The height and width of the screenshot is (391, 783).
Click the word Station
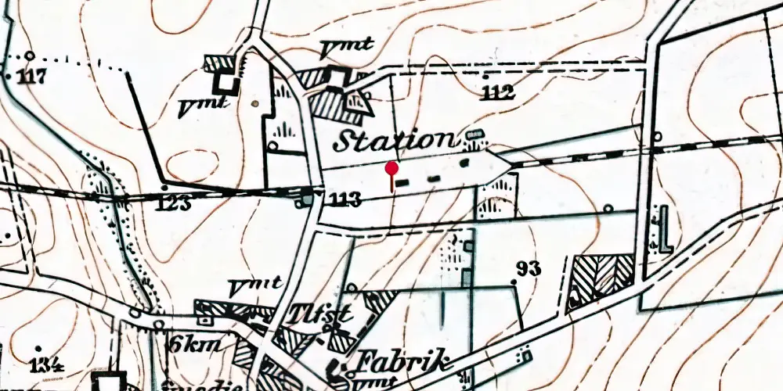pyautogui.click(x=395, y=141)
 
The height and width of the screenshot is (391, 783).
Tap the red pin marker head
pyautogui.click(x=392, y=167)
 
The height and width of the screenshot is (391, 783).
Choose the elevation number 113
pyautogui.click(x=345, y=201)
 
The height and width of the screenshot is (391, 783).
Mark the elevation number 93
pyautogui.click(x=529, y=269)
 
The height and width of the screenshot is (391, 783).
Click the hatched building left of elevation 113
pyautogui.click(x=305, y=201)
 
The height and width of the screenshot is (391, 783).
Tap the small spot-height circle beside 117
pyautogui.click(x=30, y=56)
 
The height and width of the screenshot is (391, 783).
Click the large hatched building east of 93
pyautogui.click(x=601, y=278)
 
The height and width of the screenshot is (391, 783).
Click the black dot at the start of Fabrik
pyautogui.click(x=342, y=364)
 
